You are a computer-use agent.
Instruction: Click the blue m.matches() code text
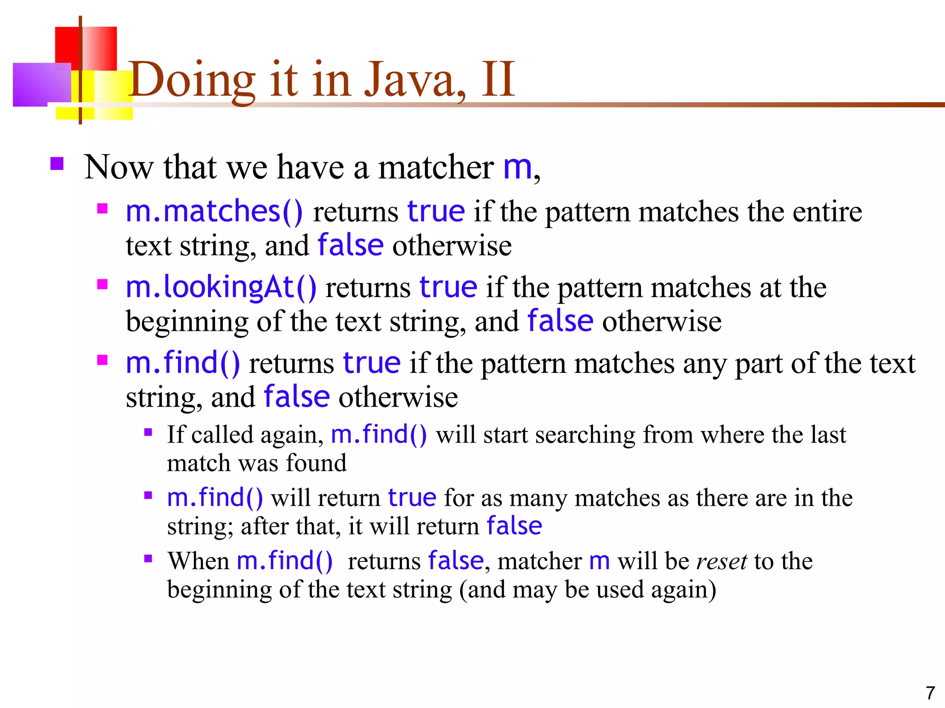click(214, 212)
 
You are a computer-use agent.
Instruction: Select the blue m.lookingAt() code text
click(221, 287)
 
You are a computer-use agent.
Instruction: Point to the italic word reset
click(721, 561)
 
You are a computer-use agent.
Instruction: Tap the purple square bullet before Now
click(57, 164)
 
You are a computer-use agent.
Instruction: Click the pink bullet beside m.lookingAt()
click(102, 284)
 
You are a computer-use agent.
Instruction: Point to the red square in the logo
click(86, 48)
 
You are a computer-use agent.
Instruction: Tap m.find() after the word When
click(284, 561)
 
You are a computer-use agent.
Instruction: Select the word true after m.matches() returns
click(436, 212)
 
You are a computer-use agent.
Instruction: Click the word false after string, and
click(297, 397)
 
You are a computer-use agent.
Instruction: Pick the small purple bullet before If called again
click(148, 432)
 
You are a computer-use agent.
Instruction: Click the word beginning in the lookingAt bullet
click(187, 321)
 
